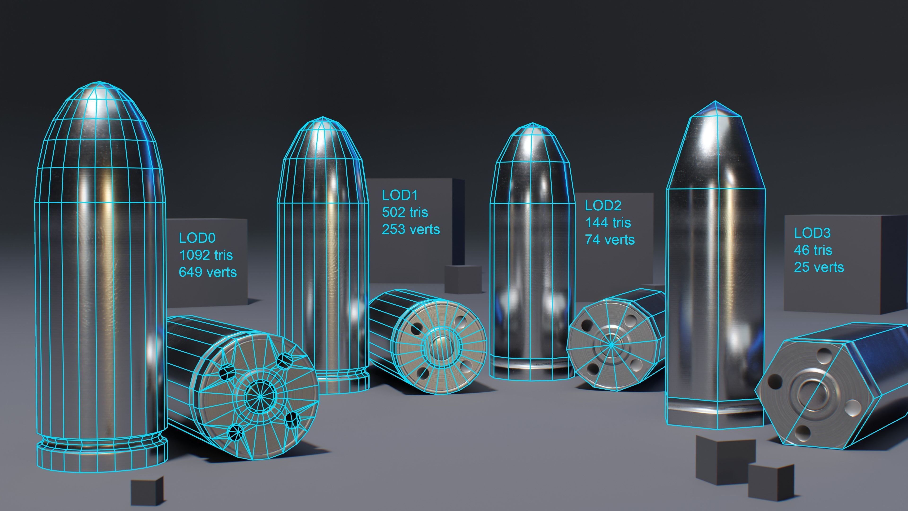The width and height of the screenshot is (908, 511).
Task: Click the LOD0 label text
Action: [x=197, y=238]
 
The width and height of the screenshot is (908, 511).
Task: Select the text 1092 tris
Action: [x=206, y=255]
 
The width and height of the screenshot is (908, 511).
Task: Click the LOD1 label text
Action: [x=400, y=195]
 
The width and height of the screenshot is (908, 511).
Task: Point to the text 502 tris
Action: [x=405, y=212]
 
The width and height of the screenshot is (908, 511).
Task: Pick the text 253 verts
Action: [x=411, y=229]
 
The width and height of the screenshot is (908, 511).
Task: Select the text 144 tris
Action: [x=608, y=223]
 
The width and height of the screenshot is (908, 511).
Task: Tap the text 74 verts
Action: [x=610, y=240]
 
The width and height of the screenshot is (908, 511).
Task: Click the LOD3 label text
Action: [x=812, y=233]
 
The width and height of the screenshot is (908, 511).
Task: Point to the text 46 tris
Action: [x=813, y=250]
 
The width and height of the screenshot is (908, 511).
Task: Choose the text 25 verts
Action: [x=819, y=268]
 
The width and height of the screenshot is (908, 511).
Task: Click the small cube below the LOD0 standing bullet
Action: [x=147, y=492]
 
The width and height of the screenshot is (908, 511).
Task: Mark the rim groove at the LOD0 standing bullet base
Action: [x=102, y=444]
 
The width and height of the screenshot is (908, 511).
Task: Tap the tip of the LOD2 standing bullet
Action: [x=532, y=125]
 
